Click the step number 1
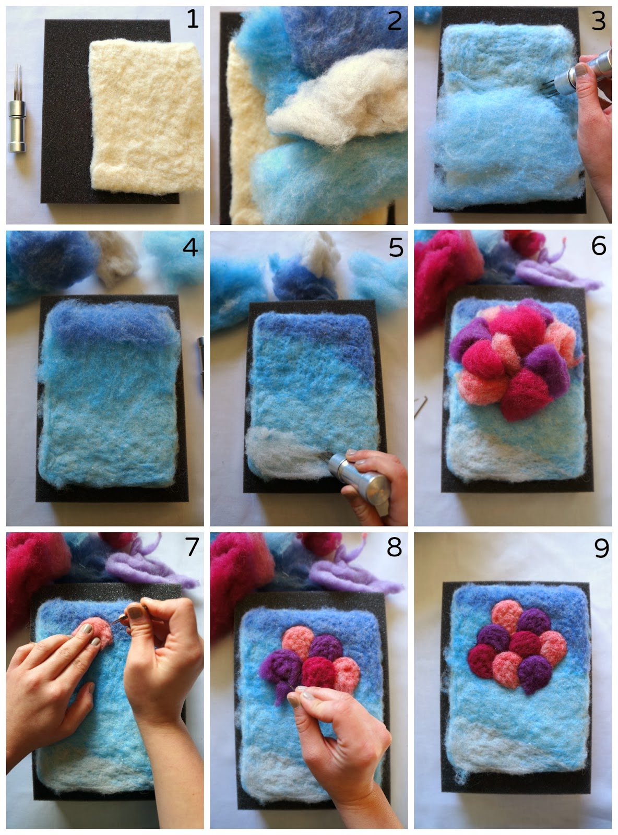pyautogui.click(x=193, y=19)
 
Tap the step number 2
pyautogui.click(x=394, y=21)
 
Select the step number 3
pyautogui.click(x=598, y=21)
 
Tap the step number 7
pyautogui.click(x=192, y=546)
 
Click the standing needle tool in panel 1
pyautogui.click(x=17, y=109)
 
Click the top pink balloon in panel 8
pyautogui.click(x=298, y=642)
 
